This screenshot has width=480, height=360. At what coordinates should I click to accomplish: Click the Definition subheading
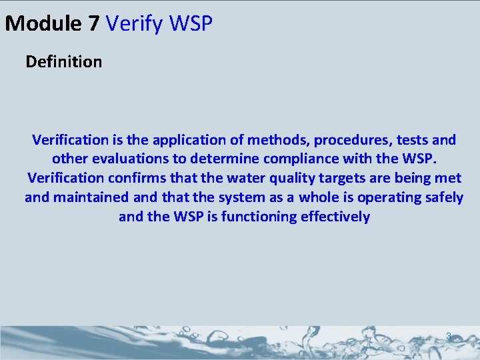click(64, 62)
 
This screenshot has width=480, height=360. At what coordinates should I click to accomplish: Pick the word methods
click(280, 140)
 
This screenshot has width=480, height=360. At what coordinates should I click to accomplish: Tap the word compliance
click(289, 159)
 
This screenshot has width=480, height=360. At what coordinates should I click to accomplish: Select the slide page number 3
click(449, 337)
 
